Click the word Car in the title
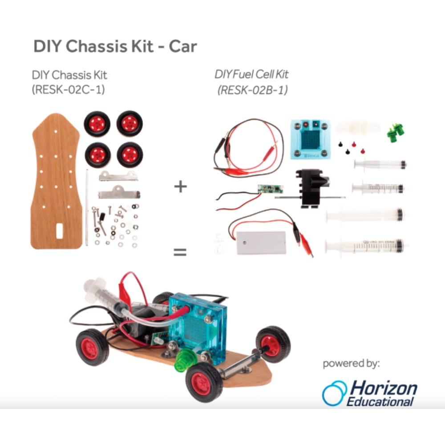point(183,46)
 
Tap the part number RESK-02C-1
point(68,90)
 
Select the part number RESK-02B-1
point(253,90)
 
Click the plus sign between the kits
point(181,186)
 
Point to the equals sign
point(180,252)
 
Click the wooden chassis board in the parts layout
point(56,182)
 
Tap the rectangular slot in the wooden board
point(59,231)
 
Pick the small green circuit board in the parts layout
point(270,189)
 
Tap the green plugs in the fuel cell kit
point(396,132)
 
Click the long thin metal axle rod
point(87,208)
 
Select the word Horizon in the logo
point(384,388)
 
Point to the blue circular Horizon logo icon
point(334,393)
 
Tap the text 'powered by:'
point(352,364)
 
